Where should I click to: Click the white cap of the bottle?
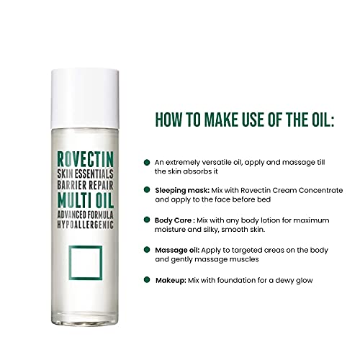tap(85, 99)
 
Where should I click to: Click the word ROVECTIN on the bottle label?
tap(85, 159)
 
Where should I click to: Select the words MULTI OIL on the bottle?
tap(86, 200)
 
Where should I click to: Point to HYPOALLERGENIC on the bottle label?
tap(85, 225)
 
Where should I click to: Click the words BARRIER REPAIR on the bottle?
tap(85, 185)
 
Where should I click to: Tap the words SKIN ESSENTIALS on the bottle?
tap(85, 174)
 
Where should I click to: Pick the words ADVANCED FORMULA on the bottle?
tap(85, 215)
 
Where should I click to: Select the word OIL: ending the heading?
tap(323, 120)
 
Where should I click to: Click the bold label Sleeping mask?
tap(182, 191)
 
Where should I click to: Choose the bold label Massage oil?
tap(177, 251)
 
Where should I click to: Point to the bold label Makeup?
tap(171, 280)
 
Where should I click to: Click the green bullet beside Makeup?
tap(147, 279)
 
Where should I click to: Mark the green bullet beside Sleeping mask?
tap(147, 189)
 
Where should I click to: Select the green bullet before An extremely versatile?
tap(147, 162)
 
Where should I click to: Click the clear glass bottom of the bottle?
tap(85, 318)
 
